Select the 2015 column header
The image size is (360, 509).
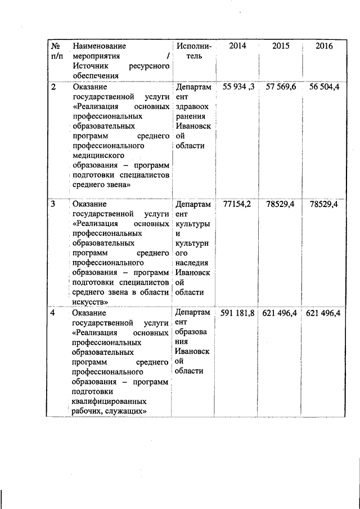(281, 46)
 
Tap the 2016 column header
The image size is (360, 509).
(323, 46)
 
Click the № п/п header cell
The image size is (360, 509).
(56, 51)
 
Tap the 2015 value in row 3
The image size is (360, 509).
(281, 204)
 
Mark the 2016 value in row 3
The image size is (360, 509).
(323, 204)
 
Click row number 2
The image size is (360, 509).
(53, 88)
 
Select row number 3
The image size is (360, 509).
(53, 205)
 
